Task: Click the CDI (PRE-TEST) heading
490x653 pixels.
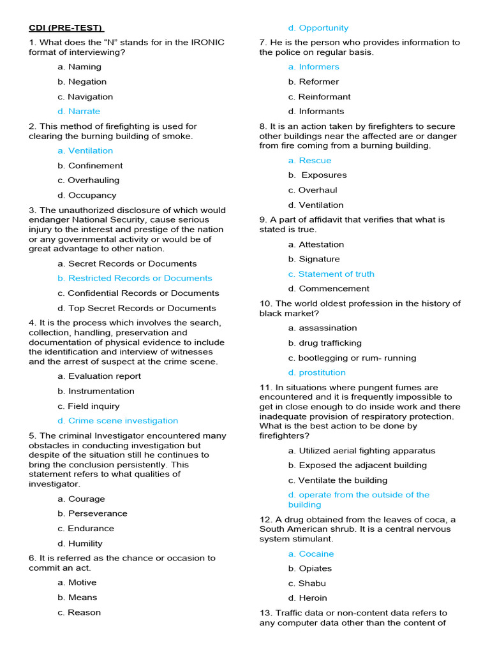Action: pos(66,28)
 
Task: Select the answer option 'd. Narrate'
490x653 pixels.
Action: pos(78,112)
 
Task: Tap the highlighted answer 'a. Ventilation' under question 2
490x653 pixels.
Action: pos(85,151)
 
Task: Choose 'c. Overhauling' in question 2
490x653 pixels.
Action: pos(88,180)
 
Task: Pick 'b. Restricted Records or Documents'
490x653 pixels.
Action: pos(135,279)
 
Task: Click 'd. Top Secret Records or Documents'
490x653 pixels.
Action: pos(137,309)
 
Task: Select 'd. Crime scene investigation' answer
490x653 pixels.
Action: pos(117,421)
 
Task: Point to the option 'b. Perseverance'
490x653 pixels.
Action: pos(92,514)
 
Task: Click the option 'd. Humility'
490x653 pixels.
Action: pos(80,544)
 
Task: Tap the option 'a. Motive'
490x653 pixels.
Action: pos(77,583)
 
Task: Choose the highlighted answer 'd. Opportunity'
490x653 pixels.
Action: pos(318,28)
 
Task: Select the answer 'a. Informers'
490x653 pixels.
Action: pos(313,67)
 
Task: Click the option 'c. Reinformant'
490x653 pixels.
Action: pos(319,97)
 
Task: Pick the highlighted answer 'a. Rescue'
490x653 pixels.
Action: pos(309,161)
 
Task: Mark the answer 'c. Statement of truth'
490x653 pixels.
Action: pos(331,274)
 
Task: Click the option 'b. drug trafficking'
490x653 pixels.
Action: pos(325,343)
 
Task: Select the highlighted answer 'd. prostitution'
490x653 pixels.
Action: pos(316,373)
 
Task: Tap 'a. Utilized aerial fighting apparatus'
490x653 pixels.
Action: pos(361,451)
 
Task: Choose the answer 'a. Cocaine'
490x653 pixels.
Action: pos(311,554)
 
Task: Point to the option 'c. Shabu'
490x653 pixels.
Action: pos(307,583)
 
